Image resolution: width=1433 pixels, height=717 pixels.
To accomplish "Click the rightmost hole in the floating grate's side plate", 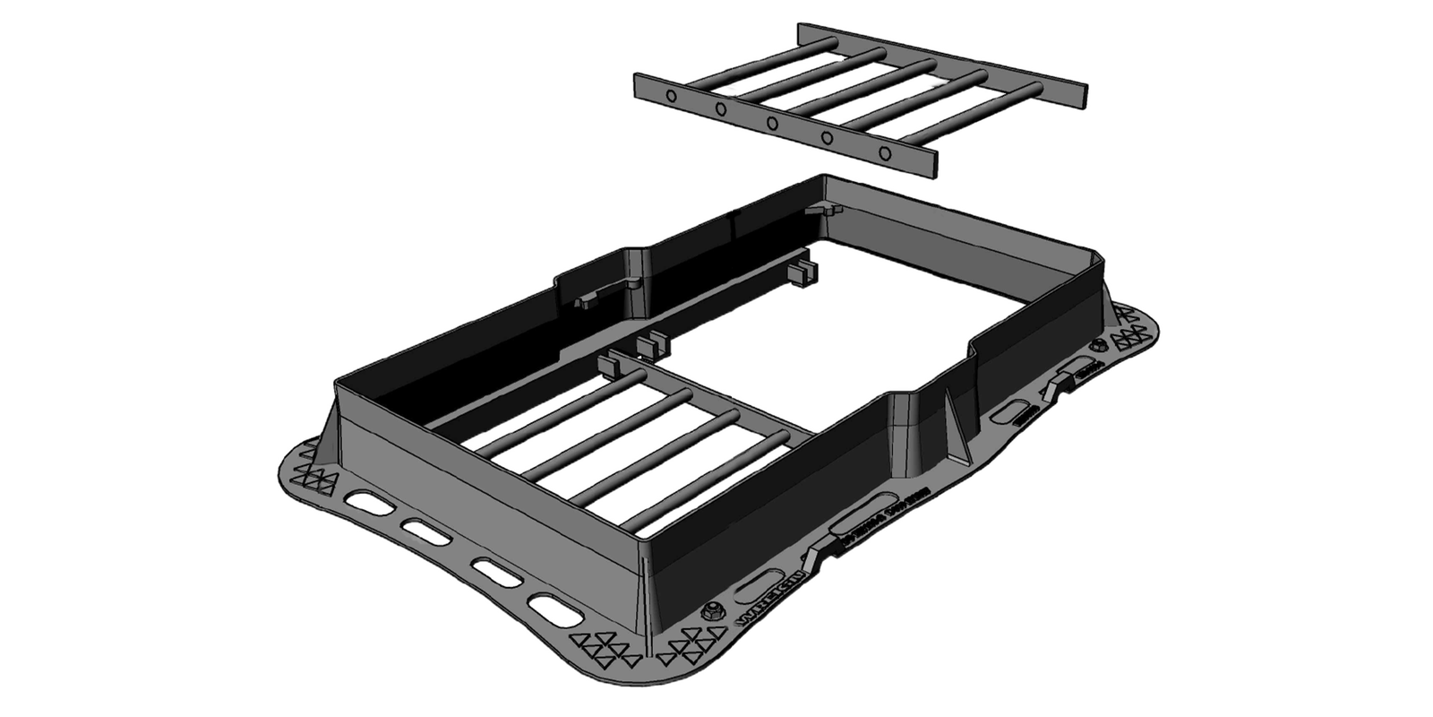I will (886, 153).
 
